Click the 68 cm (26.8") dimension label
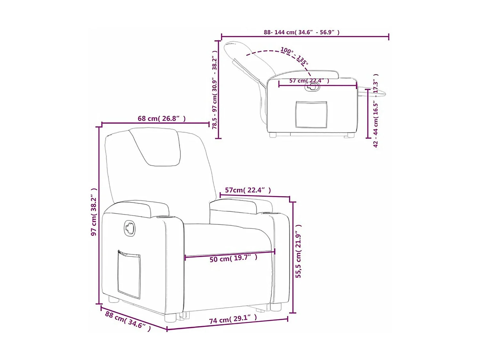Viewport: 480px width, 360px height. [x=162, y=119]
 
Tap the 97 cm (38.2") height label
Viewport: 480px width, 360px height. [x=94, y=212]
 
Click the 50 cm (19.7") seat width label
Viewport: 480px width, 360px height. [x=233, y=259]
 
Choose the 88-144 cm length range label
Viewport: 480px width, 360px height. [x=301, y=32]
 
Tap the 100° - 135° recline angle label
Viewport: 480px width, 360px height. [x=294, y=56]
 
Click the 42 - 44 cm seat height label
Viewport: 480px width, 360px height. [x=376, y=110]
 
